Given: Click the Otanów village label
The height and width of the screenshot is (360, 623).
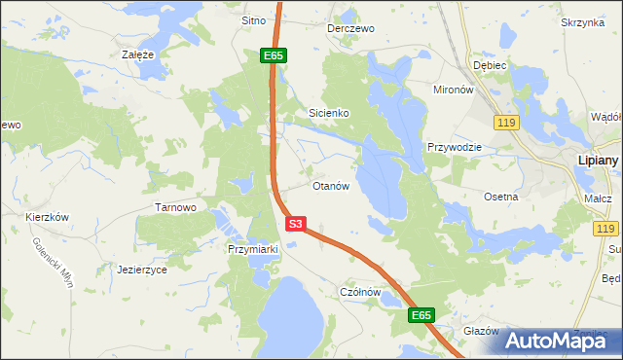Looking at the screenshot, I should (330, 186).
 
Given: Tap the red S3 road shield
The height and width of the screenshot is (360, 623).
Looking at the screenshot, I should (297, 224).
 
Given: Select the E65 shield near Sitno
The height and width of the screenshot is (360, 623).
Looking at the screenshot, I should (273, 56).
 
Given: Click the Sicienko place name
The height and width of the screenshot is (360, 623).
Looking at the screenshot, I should (329, 113).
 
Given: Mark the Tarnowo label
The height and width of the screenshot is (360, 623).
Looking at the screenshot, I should (176, 207).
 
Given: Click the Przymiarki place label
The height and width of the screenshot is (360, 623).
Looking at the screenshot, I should (253, 249).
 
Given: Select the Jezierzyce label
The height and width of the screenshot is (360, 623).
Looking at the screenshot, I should (142, 270).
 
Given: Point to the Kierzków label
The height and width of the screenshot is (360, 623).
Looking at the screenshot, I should (48, 217).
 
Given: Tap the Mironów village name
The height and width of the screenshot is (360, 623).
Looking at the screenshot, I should (453, 89).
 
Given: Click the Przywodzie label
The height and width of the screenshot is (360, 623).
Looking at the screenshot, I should (454, 147).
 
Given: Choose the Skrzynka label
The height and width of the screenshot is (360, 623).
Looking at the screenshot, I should (583, 21).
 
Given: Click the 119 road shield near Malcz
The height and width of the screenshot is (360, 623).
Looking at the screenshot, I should (605, 228).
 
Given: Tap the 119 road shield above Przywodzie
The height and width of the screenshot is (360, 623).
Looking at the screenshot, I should (505, 123).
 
